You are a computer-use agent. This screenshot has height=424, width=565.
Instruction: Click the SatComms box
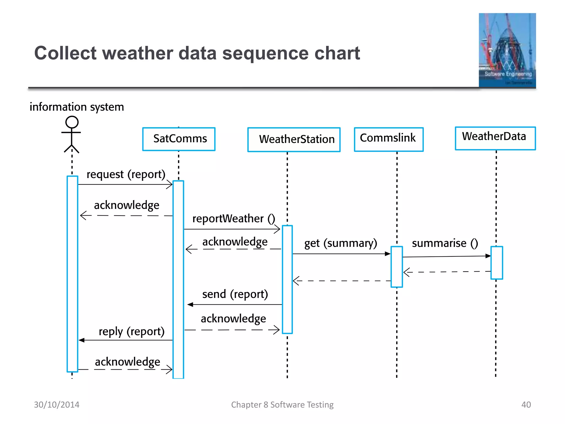pyautogui.click(x=179, y=139)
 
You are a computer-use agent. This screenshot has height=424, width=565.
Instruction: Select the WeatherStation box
pyautogui.click(x=294, y=139)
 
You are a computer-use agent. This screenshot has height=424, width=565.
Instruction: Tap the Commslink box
pyautogui.click(x=388, y=139)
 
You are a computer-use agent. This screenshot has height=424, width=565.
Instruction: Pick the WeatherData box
pyautogui.click(x=495, y=138)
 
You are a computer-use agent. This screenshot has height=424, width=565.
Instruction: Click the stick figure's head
pyautogui.click(x=72, y=122)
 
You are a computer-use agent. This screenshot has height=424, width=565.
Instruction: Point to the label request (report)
pyautogui.click(x=126, y=174)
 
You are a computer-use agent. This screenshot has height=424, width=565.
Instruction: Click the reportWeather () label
pyautogui.click(x=233, y=219)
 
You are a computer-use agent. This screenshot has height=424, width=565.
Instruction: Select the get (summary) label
pyautogui.click(x=340, y=243)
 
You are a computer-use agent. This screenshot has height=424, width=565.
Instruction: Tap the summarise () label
pyautogui.click(x=445, y=243)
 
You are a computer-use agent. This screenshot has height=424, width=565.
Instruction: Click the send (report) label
pyautogui.click(x=235, y=294)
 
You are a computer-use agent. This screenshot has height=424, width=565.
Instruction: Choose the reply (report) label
pyautogui.click(x=132, y=331)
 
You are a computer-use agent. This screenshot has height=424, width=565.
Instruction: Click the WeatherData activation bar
pyautogui.click(x=497, y=263)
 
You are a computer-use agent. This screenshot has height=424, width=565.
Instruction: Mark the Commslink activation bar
pyautogui.click(x=397, y=267)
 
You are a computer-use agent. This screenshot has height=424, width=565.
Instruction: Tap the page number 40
pyautogui.click(x=526, y=405)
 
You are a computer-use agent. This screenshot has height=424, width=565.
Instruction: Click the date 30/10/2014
pyautogui.click(x=57, y=405)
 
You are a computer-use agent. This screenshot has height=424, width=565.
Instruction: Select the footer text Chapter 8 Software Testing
pyautogui.click(x=282, y=405)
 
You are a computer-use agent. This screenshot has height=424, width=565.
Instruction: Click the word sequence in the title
pyautogui.click(x=265, y=53)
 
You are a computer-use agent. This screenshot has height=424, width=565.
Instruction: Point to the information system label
pyautogui.click(x=77, y=107)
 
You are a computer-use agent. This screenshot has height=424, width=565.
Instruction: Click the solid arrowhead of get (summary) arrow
pyautogui.click(x=388, y=254)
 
